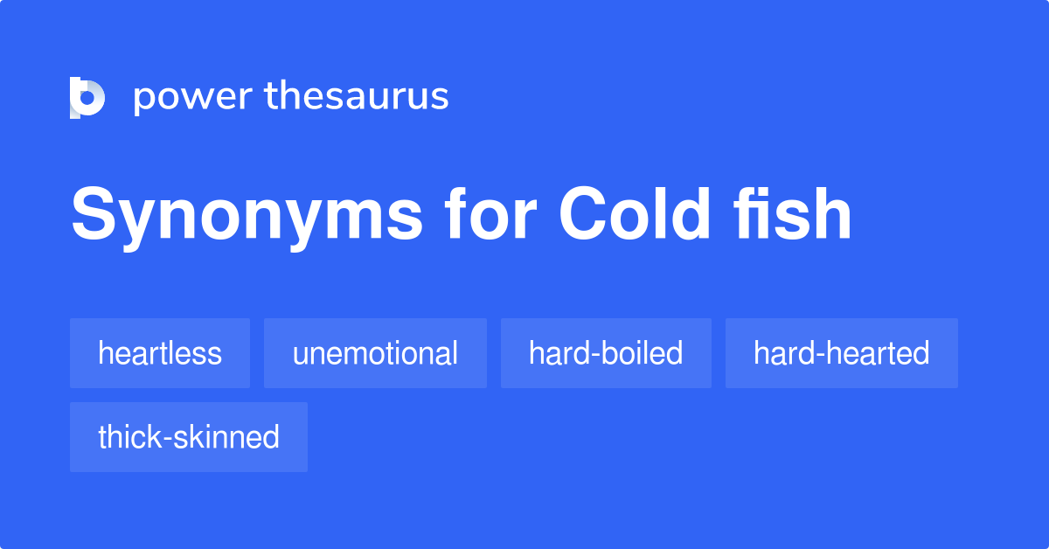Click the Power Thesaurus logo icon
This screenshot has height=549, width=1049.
pyautogui.click(x=87, y=97)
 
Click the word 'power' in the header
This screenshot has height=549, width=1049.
pyautogui.click(x=191, y=97)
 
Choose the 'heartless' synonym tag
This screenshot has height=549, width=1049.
pyautogui.click(x=160, y=353)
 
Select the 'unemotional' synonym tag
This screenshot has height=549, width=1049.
pyautogui.click(x=375, y=353)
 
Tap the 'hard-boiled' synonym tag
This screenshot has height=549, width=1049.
pyautogui.click(x=606, y=353)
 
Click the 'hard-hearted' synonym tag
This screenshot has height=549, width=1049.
pyautogui.click(x=841, y=353)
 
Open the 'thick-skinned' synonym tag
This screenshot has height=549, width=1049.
pyautogui.click(x=189, y=437)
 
